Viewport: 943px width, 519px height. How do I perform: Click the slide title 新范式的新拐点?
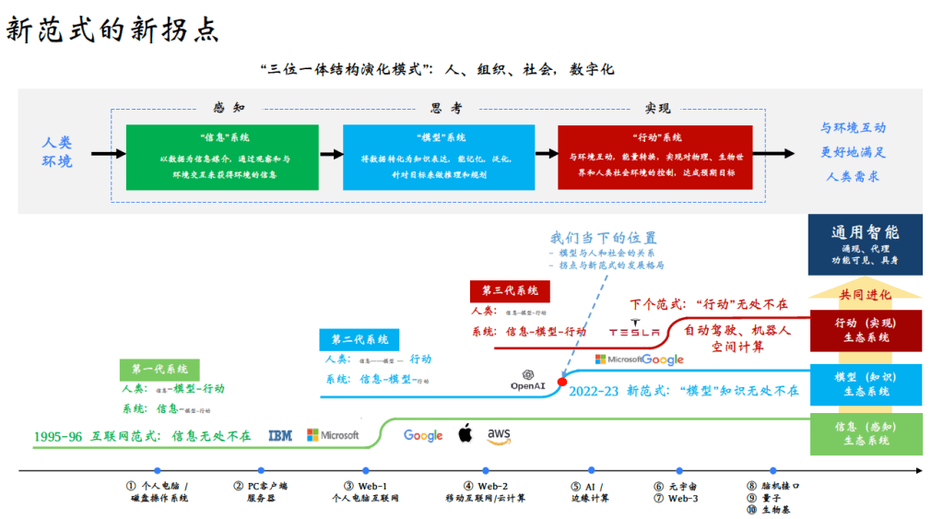112,29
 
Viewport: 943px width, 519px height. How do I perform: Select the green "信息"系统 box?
224,156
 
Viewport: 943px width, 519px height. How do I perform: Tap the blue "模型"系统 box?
438,156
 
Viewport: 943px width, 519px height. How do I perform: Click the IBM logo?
279,435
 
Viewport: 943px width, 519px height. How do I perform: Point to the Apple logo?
466,433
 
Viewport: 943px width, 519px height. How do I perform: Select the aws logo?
499,435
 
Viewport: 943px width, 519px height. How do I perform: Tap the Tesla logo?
634,332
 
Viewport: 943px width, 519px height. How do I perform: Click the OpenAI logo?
529,380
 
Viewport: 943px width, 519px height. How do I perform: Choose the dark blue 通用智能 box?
865,244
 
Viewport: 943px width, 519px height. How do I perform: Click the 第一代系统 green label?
158,369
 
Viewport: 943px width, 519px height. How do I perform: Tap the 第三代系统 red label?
510,290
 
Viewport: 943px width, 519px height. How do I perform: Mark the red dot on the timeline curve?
562,381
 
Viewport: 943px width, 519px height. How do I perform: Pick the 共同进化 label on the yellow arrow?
865,295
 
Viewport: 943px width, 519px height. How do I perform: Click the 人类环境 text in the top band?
57,152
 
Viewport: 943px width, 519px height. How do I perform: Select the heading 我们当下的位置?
604,237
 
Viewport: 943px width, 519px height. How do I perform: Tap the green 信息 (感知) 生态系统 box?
865,433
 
